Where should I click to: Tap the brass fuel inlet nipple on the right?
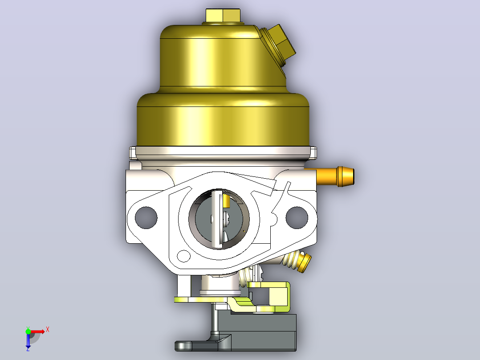tap(335, 176)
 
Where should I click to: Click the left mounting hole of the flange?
tap(146, 217)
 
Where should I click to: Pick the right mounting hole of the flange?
tap(297, 217)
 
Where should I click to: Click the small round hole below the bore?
tap(183, 256)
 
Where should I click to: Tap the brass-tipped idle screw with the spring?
tap(297, 261)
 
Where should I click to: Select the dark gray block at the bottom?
tap(263, 332)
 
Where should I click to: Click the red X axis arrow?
tap(38, 331)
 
